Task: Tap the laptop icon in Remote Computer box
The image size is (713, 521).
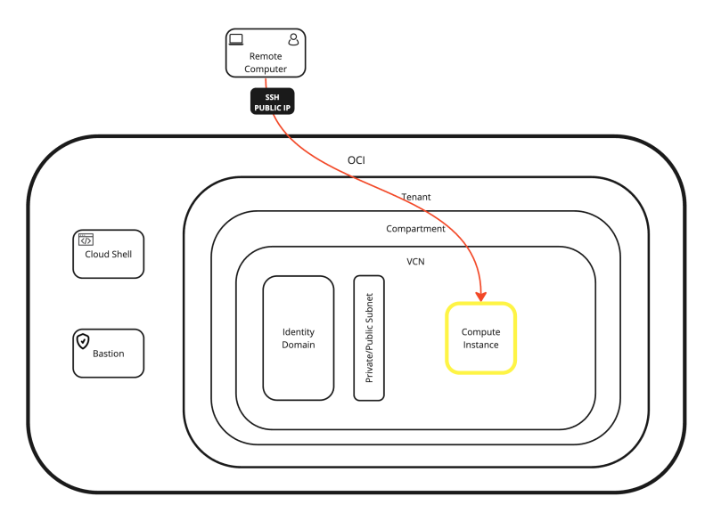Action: tap(236, 39)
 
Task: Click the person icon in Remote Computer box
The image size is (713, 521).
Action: tap(293, 39)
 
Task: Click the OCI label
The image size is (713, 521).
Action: tap(356, 160)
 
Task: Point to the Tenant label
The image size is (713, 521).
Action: tap(416, 196)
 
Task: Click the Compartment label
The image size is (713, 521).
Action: tap(415, 229)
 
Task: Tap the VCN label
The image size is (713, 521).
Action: tap(415, 262)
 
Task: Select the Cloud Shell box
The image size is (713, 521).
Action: tap(108, 254)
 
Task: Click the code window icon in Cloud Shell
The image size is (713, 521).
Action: tap(86, 239)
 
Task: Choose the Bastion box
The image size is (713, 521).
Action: tap(108, 353)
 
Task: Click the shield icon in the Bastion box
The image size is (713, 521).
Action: tap(83, 340)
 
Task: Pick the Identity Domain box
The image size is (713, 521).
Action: tap(298, 338)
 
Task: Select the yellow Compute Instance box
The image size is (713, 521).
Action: tap(480, 338)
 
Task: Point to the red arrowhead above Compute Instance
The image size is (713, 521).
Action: tap(481, 295)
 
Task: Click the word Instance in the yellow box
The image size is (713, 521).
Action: tap(480, 345)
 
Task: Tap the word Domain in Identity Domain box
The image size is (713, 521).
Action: tap(298, 345)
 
